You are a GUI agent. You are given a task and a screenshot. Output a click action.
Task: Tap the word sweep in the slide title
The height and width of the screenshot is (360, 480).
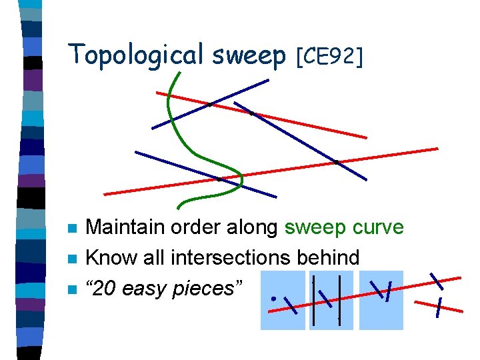pos(249,57)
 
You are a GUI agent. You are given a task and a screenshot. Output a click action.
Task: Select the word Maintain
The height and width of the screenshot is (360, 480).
pos(127,227)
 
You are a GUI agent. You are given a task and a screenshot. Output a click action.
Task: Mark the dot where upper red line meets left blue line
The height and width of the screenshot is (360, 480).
pos(209,104)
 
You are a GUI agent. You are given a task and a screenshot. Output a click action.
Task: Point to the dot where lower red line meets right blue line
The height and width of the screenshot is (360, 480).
pos(337,161)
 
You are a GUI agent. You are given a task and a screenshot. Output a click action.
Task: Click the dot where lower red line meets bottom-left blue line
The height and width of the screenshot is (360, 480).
pos(219,179)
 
